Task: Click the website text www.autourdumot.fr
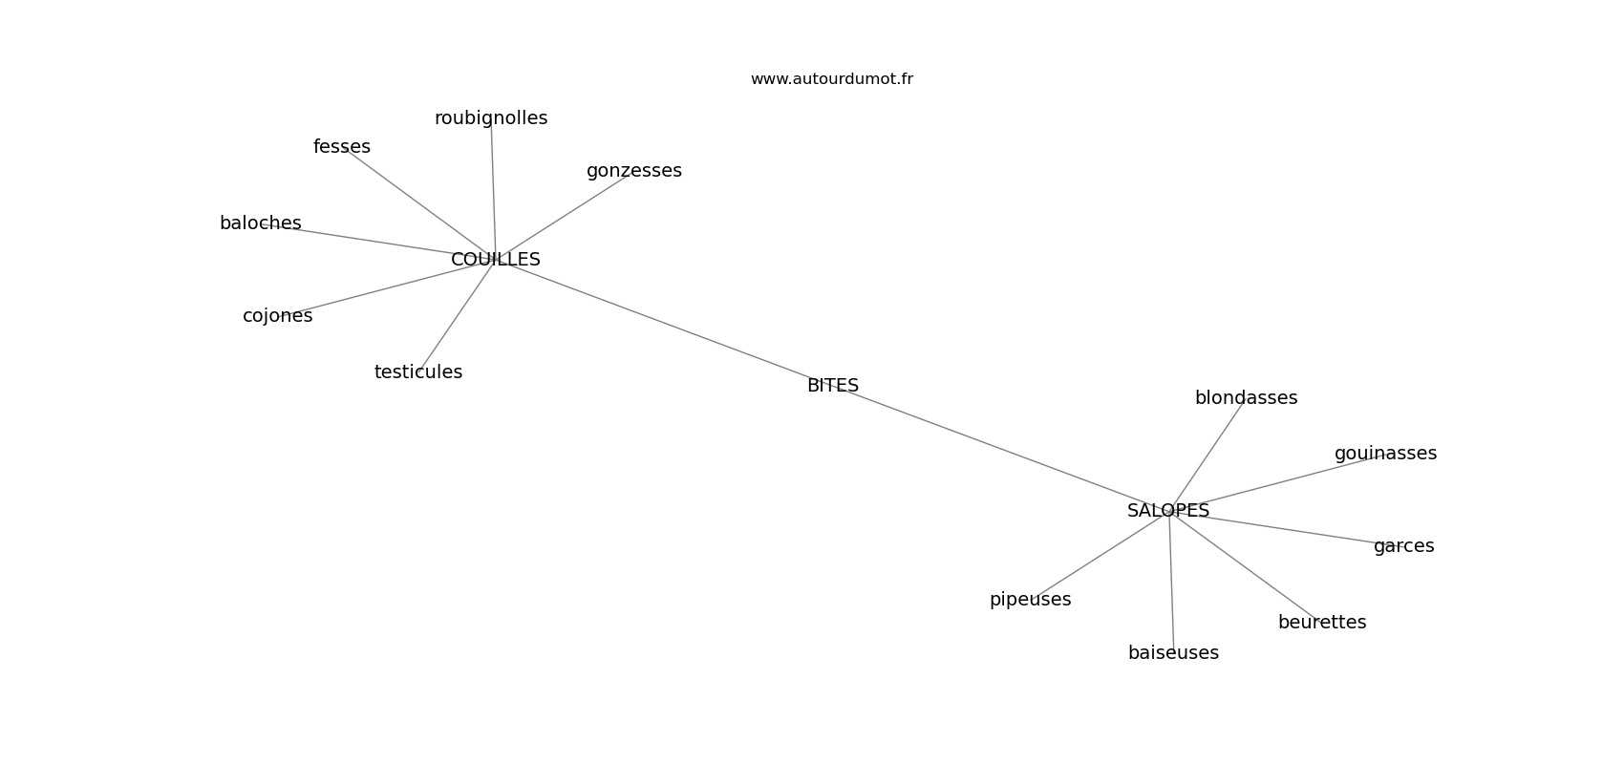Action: [x=831, y=79]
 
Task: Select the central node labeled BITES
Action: [x=832, y=386]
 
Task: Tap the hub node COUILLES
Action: [x=495, y=260]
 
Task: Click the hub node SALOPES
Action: [x=1167, y=511]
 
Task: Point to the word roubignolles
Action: [x=491, y=118]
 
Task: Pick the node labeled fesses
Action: [x=341, y=147]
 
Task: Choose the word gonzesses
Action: [x=633, y=171]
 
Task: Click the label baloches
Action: [x=260, y=223]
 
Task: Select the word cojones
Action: [x=277, y=316]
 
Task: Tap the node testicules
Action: [x=417, y=372]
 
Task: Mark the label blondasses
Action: [x=1246, y=398]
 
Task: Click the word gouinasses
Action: [x=1384, y=454]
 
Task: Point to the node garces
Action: [x=1403, y=546]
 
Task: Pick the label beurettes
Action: [x=1321, y=623]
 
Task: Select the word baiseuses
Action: [x=1173, y=653]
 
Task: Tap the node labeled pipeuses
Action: [x=1030, y=600]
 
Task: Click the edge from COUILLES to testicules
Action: [x=457, y=315]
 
